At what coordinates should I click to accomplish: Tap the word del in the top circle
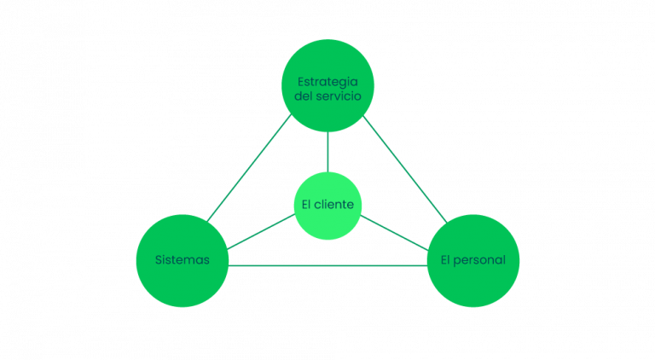pyautogui.click(x=305, y=96)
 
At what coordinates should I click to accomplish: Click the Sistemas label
pyautogui.click(x=183, y=260)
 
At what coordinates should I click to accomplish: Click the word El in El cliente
pyautogui.click(x=307, y=206)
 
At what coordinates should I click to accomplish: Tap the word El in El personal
pyautogui.click(x=446, y=260)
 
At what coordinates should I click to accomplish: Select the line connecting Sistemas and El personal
pyautogui.click(x=327, y=266)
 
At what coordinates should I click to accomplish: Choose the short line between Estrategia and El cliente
pyautogui.click(x=327, y=152)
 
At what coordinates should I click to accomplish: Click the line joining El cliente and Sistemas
pyautogui.click(x=261, y=232)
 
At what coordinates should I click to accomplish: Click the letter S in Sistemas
pyautogui.click(x=159, y=260)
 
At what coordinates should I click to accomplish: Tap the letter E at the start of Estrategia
pyautogui.click(x=300, y=82)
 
